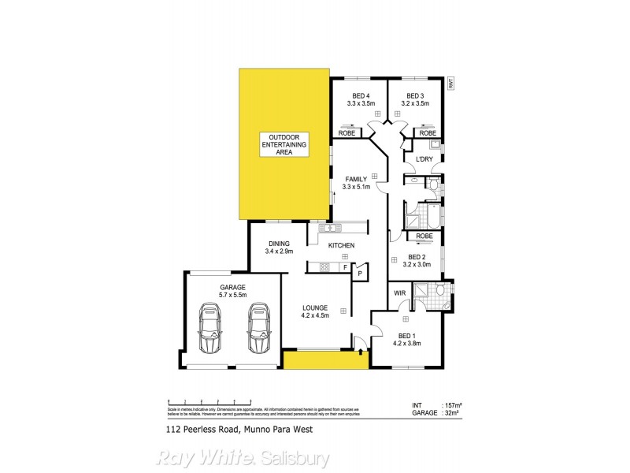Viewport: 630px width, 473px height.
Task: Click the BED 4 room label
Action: click(x=361, y=96)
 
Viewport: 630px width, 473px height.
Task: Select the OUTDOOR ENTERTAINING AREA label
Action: click(x=284, y=145)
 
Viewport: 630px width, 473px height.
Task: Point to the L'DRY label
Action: click(x=424, y=160)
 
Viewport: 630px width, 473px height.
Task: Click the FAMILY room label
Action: click(x=356, y=179)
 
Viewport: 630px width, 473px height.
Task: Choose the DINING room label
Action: click(x=280, y=244)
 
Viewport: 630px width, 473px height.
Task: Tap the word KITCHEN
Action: click(x=342, y=246)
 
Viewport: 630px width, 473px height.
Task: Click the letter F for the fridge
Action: click(x=344, y=268)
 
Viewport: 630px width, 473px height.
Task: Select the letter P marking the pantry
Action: click(x=361, y=274)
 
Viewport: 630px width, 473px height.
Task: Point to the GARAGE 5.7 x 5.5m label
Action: click(x=232, y=291)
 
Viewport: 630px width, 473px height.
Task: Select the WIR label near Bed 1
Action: click(x=399, y=293)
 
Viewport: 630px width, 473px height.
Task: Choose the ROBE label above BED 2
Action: click(x=424, y=236)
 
